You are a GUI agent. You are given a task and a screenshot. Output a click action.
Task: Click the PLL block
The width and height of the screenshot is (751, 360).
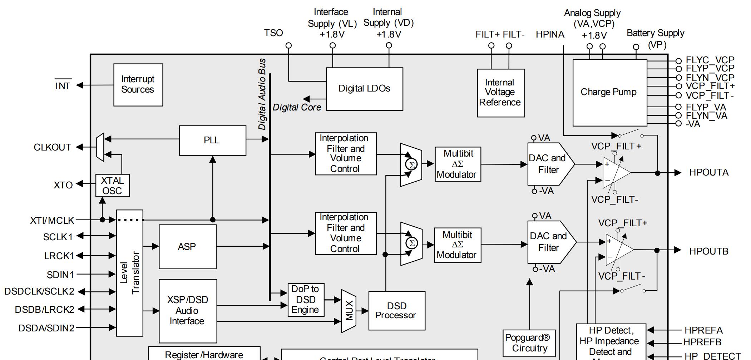coord(212,140)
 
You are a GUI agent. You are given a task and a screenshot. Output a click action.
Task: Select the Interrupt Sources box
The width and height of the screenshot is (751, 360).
coord(138,85)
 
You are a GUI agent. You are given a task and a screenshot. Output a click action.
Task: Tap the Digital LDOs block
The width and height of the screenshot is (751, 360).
coord(364,89)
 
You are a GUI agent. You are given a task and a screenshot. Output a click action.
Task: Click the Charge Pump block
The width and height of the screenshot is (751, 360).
coord(609,92)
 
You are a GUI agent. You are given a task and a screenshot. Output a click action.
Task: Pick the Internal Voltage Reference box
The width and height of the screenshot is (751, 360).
coord(500,93)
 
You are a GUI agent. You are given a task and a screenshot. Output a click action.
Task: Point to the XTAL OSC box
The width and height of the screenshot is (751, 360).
coord(112,186)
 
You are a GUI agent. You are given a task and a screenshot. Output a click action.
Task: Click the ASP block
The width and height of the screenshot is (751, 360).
coord(187,247)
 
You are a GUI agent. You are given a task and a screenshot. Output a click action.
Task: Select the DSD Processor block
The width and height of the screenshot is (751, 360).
coord(396,311)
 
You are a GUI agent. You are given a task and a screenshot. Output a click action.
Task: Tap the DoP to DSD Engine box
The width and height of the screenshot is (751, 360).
coord(306,300)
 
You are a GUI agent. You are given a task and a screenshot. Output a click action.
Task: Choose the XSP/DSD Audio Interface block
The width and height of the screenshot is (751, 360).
coord(188,311)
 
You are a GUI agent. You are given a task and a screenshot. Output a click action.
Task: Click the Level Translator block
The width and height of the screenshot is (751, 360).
coord(129,273)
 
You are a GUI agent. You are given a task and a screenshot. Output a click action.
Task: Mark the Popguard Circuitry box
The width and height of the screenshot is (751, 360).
coord(529,343)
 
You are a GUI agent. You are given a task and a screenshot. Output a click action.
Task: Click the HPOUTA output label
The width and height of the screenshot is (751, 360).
coord(708,173)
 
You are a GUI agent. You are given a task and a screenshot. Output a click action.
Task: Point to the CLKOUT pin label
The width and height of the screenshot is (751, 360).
coord(52,147)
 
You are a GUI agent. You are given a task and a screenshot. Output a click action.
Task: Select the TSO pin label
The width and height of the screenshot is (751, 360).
coord(273,33)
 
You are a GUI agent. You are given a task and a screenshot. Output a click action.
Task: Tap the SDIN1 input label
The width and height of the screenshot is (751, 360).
coord(60,275)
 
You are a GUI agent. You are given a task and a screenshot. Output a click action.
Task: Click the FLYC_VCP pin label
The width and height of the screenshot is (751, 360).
coord(710,60)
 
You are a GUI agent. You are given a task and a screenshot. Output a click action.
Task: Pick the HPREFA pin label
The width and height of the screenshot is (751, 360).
coord(703,330)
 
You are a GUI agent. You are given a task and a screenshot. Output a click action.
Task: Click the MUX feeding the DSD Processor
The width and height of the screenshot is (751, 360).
coord(349,311)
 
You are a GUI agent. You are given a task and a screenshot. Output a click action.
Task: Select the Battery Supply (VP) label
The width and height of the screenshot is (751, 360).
coord(655,39)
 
